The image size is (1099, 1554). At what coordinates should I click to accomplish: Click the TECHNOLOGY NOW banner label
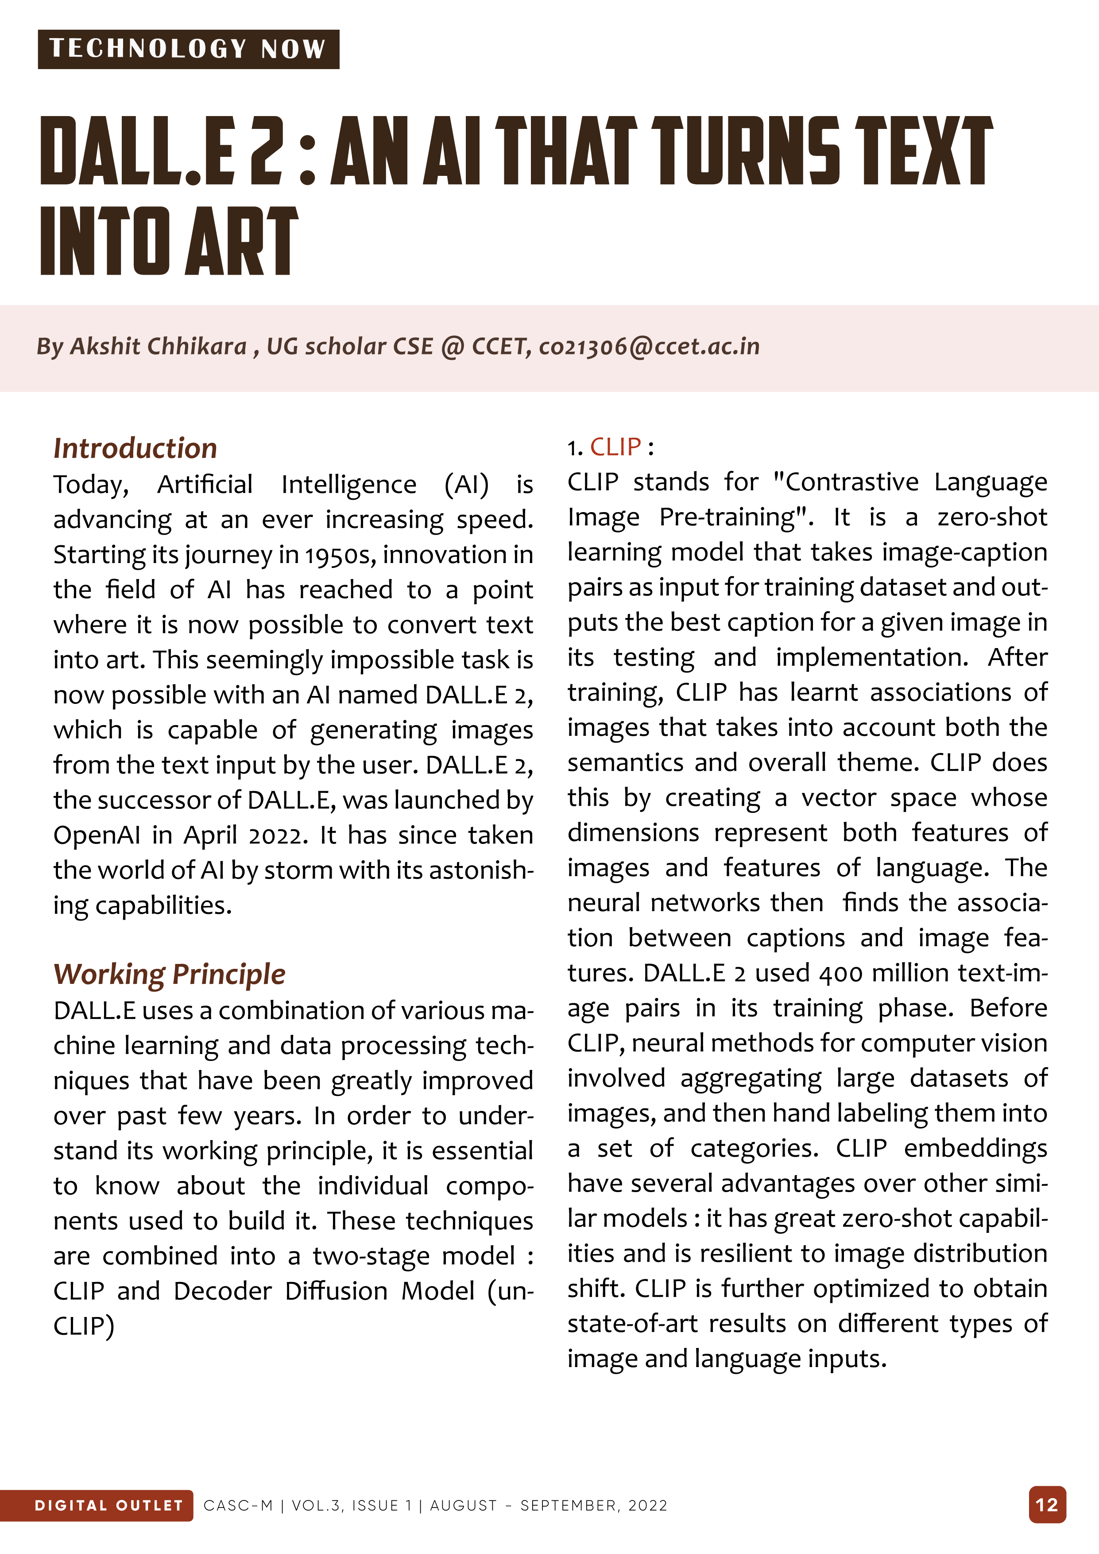coord(188,49)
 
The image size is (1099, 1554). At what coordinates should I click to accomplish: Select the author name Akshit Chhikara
coord(159,346)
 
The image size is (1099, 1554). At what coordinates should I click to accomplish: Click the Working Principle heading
coord(169,974)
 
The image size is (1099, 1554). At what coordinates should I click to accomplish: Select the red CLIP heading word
coord(615,447)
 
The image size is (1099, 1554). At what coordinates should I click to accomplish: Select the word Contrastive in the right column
coord(846,482)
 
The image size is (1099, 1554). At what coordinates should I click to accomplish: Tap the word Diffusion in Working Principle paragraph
coord(337,1291)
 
